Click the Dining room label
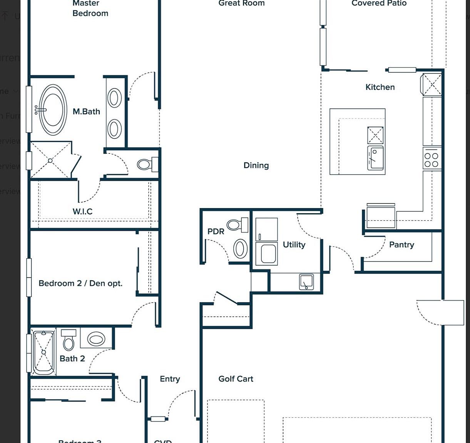coord(256,165)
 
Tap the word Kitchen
coord(380,87)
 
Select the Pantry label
coord(401,245)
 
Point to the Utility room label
coord(294,245)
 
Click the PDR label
coord(216,231)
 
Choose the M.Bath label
coord(86,112)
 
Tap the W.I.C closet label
coord(82,212)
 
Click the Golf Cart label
coord(236,379)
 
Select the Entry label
coord(170,379)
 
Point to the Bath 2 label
coord(72,359)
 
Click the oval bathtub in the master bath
coord(53,110)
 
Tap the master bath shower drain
coord(50,160)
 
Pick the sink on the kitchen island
coord(375,158)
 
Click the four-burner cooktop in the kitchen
coord(432,160)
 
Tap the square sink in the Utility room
coord(306,282)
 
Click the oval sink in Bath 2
coord(96,339)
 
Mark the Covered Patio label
coord(379,3)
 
